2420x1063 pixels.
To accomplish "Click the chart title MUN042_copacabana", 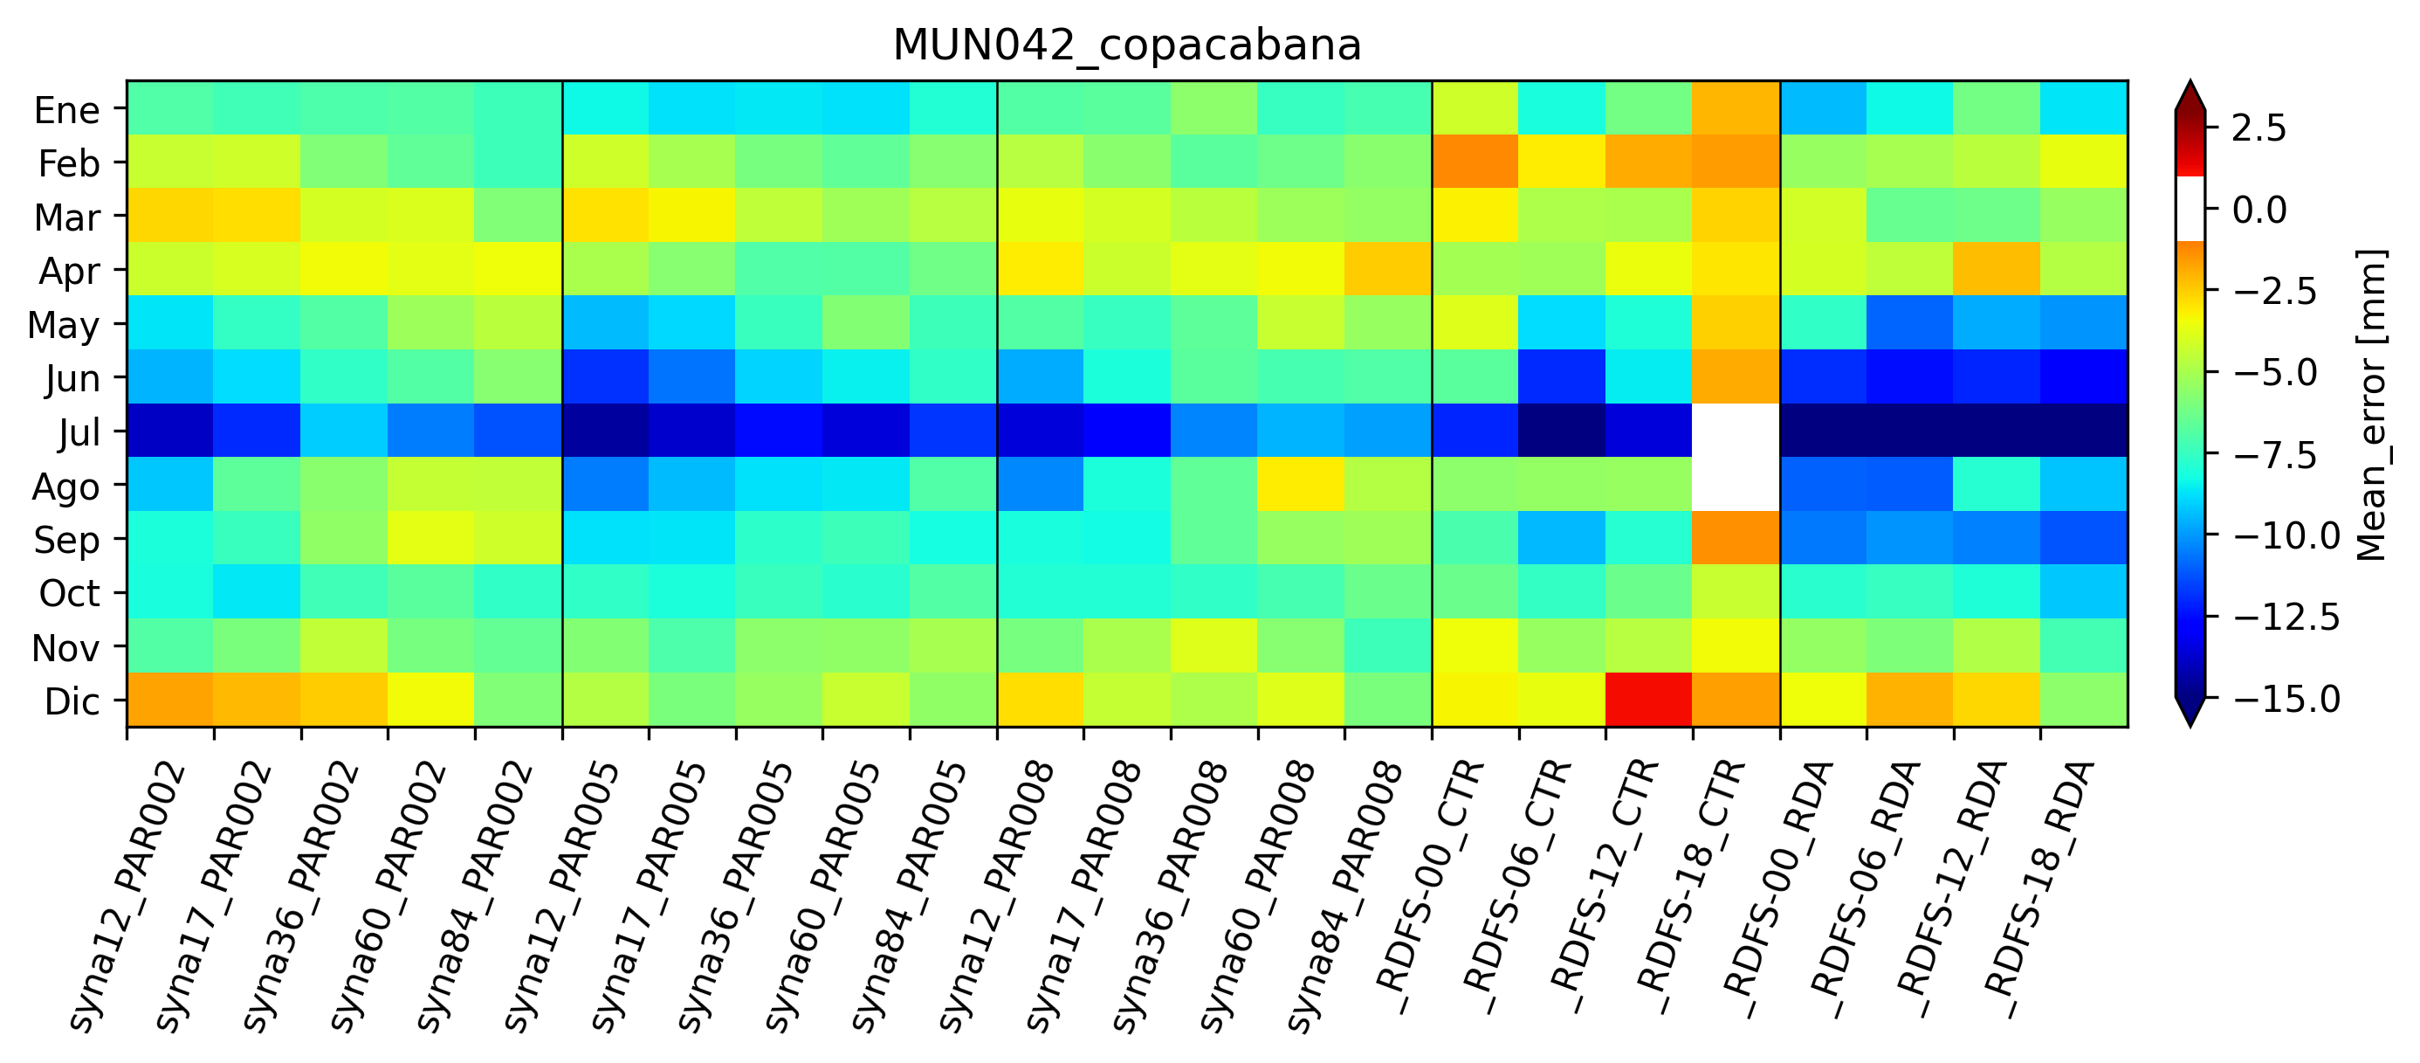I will click(1126, 45).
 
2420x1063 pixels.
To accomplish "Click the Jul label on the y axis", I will click(79, 432).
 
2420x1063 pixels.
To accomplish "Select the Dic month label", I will click(72, 701).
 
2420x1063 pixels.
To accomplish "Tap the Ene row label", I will click(66, 110).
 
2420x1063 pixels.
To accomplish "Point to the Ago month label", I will click(65, 487).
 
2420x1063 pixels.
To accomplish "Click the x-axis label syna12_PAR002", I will click(127, 898).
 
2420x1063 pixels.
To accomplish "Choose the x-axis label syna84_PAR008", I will click(1344, 898).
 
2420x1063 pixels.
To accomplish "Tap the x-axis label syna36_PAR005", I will click(736, 898).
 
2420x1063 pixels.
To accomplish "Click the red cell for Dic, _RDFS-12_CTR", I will click(1649, 700).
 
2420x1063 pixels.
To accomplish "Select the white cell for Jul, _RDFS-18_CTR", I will click(1736, 431).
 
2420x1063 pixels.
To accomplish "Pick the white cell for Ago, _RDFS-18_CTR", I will click(1736, 484).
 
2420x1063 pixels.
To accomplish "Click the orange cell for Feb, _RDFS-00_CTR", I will click(1475, 162).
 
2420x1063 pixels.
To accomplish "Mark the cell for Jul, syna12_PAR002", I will click(170, 431).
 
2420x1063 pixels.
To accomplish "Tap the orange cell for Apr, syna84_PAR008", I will click(1387, 269).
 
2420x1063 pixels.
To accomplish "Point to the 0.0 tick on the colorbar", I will click(2259, 210).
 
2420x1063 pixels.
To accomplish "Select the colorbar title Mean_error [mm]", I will click(2371, 404).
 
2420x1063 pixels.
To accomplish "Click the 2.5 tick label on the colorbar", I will click(2259, 128).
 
